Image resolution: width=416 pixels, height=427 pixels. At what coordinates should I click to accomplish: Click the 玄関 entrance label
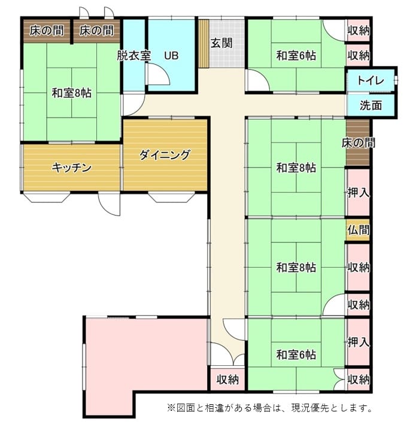point(221,43)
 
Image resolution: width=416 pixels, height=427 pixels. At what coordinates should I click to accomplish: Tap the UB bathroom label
point(171,56)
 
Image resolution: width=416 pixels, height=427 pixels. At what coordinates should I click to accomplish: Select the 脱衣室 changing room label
point(133,56)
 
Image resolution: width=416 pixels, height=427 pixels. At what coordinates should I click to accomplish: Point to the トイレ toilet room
point(371,80)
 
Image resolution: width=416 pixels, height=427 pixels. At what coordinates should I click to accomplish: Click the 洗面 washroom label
point(371,105)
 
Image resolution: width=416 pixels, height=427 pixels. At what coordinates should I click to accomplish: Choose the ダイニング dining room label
point(164,155)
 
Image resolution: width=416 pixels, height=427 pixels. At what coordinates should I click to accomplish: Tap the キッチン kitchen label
point(71,168)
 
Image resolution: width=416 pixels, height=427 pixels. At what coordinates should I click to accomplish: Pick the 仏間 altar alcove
point(358,230)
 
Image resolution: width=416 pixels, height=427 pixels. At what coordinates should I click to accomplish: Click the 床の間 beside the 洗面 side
point(358,143)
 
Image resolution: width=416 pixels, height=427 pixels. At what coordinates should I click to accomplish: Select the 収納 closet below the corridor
point(227,379)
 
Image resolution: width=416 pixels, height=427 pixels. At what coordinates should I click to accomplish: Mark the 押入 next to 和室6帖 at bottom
point(359,342)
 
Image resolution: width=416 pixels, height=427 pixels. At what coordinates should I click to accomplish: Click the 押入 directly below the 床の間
point(359,193)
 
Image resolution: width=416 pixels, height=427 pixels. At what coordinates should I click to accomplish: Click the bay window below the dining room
point(172,197)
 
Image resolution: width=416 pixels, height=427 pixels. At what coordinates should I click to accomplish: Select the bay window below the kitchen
point(47,197)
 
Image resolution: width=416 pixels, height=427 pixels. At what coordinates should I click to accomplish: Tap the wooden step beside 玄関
point(204,44)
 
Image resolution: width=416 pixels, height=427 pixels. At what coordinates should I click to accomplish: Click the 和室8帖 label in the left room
point(71,93)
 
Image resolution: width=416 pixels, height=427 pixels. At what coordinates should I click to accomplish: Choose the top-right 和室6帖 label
point(296,56)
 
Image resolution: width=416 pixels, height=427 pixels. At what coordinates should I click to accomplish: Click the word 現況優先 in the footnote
point(311,408)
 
